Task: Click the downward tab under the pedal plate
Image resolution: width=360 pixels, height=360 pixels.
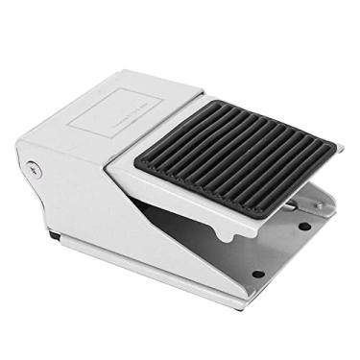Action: coord(224,233)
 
